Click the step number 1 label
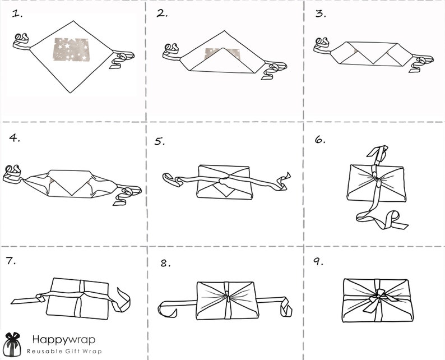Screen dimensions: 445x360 (x=17, y=14)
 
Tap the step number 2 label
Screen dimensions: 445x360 (x=162, y=13)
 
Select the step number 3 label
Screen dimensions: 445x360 (x=321, y=13)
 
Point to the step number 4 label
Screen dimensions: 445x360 (x=15, y=138)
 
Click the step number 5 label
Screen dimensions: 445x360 (x=160, y=141)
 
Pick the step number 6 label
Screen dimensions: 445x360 (x=320, y=140)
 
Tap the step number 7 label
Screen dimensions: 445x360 (x=11, y=261)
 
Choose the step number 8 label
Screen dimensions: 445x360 (x=165, y=264)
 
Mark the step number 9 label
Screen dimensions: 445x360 (x=318, y=261)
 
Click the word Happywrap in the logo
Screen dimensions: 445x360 (x=64, y=339)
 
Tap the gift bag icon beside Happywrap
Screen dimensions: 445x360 (x=12, y=344)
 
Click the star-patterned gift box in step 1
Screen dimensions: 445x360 (x=71, y=49)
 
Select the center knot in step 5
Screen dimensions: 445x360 (x=224, y=179)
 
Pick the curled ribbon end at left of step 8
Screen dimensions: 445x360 (x=168, y=309)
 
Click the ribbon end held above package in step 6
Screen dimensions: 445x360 (x=377, y=153)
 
